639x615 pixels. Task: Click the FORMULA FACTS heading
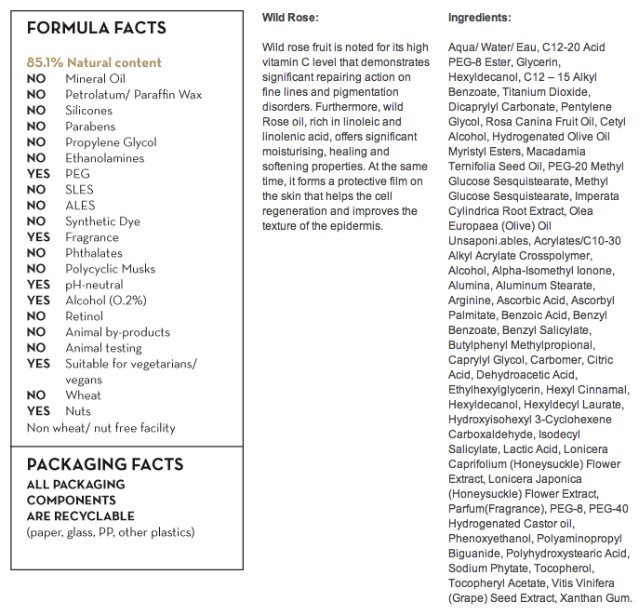pos(97,28)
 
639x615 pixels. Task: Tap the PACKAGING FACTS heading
pos(105,464)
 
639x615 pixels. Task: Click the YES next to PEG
pos(38,174)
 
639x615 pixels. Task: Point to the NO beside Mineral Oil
pos(36,79)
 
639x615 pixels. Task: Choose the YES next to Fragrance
pos(38,237)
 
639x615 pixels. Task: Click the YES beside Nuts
pos(38,411)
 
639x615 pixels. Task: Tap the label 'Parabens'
pos(90,127)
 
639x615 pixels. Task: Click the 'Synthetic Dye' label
pos(103,221)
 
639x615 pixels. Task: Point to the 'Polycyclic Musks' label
pos(111,269)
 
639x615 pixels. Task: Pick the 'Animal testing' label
pos(103,348)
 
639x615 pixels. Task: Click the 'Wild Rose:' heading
pos(290,18)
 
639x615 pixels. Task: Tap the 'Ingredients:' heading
pos(479,18)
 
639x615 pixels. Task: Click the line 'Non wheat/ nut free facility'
pos(101,428)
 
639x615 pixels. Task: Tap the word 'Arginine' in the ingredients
pos(471,301)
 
